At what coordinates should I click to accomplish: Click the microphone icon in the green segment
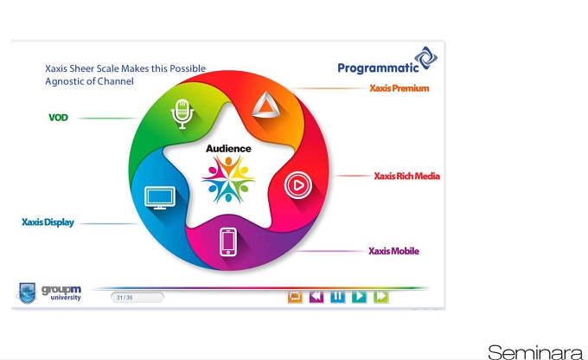tap(182, 113)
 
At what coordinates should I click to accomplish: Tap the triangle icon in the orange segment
tap(265, 106)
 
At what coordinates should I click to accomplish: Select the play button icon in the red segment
tap(298, 185)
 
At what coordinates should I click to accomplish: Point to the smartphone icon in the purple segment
tap(228, 242)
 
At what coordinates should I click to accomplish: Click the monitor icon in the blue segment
tap(160, 198)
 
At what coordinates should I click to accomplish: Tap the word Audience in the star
tap(228, 149)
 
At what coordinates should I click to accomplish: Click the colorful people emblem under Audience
tap(228, 179)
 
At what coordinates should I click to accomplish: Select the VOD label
tap(58, 118)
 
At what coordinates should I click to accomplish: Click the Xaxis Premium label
tap(399, 88)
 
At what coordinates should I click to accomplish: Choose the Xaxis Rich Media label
tap(407, 176)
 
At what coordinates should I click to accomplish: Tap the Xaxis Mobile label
tap(393, 251)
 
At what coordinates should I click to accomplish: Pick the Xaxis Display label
tap(48, 222)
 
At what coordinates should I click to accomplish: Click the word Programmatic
tap(378, 68)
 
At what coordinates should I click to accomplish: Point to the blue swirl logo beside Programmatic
tap(425, 58)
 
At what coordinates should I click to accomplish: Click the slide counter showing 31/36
tap(137, 298)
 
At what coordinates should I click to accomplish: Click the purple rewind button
tap(316, 297)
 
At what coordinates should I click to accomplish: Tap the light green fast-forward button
tap(381, 297)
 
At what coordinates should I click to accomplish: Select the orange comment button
tap(295, 297)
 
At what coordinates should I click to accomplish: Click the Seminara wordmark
tap(535, 352)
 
